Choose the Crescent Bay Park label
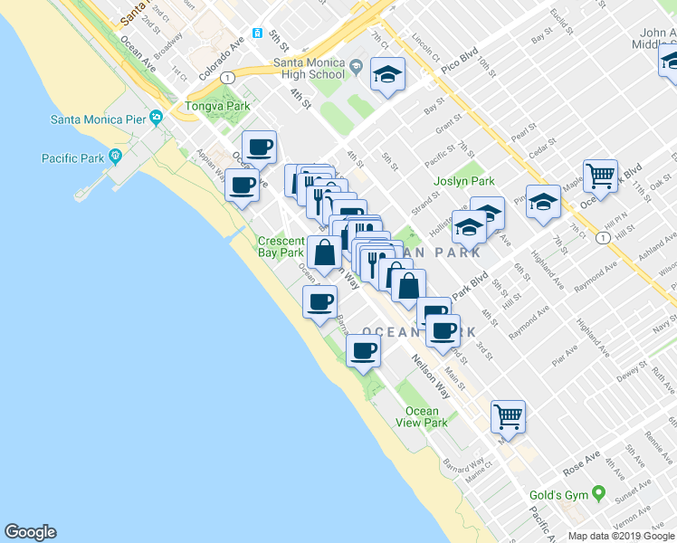281,247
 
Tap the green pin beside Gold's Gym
597,494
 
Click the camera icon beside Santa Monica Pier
157,118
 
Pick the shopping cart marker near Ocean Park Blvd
599,176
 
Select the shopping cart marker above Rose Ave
508,416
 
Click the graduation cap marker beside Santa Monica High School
388,74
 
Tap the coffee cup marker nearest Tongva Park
259,147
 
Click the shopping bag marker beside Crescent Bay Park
323,252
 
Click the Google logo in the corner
30,532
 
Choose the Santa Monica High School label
310,69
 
